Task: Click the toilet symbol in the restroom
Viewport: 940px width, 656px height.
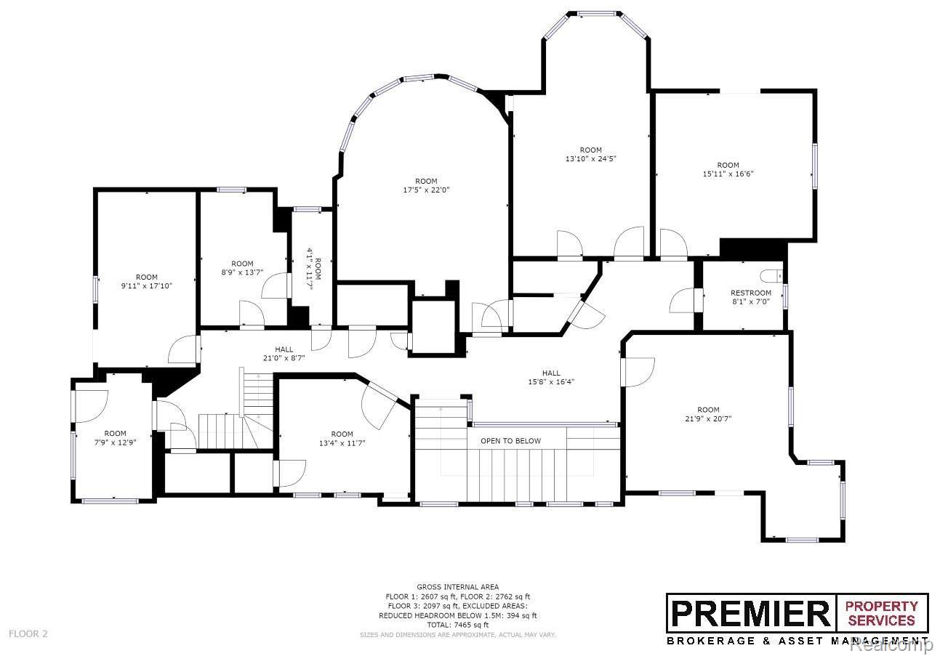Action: [772, 276]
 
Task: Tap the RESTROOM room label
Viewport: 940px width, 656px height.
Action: [751, 293]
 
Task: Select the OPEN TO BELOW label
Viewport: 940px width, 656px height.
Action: [510, 441]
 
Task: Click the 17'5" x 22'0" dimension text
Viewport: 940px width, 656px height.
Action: [426, 190]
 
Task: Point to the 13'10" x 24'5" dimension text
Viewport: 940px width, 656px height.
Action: [590, 159]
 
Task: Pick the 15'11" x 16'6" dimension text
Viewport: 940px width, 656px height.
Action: [728, 174]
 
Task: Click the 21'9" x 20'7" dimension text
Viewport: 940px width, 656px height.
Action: [708, 418]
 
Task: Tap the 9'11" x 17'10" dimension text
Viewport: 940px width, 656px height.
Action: [147, 286]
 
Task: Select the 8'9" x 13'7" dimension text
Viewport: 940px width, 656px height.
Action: [242, 272]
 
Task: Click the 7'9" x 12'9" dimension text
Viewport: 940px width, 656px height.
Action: [115, 442]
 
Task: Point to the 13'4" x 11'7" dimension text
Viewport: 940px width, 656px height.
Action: [342, 443]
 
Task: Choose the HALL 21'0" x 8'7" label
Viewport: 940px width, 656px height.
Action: [284, 354]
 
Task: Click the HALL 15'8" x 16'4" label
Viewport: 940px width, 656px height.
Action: [551, 378]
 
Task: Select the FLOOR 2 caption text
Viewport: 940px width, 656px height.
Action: [28, 633]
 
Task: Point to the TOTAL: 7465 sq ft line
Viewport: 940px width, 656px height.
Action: [458, 625]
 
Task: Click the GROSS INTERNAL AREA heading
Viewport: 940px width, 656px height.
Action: [458, 587]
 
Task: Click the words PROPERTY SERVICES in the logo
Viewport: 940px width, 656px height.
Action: [882, 613]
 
